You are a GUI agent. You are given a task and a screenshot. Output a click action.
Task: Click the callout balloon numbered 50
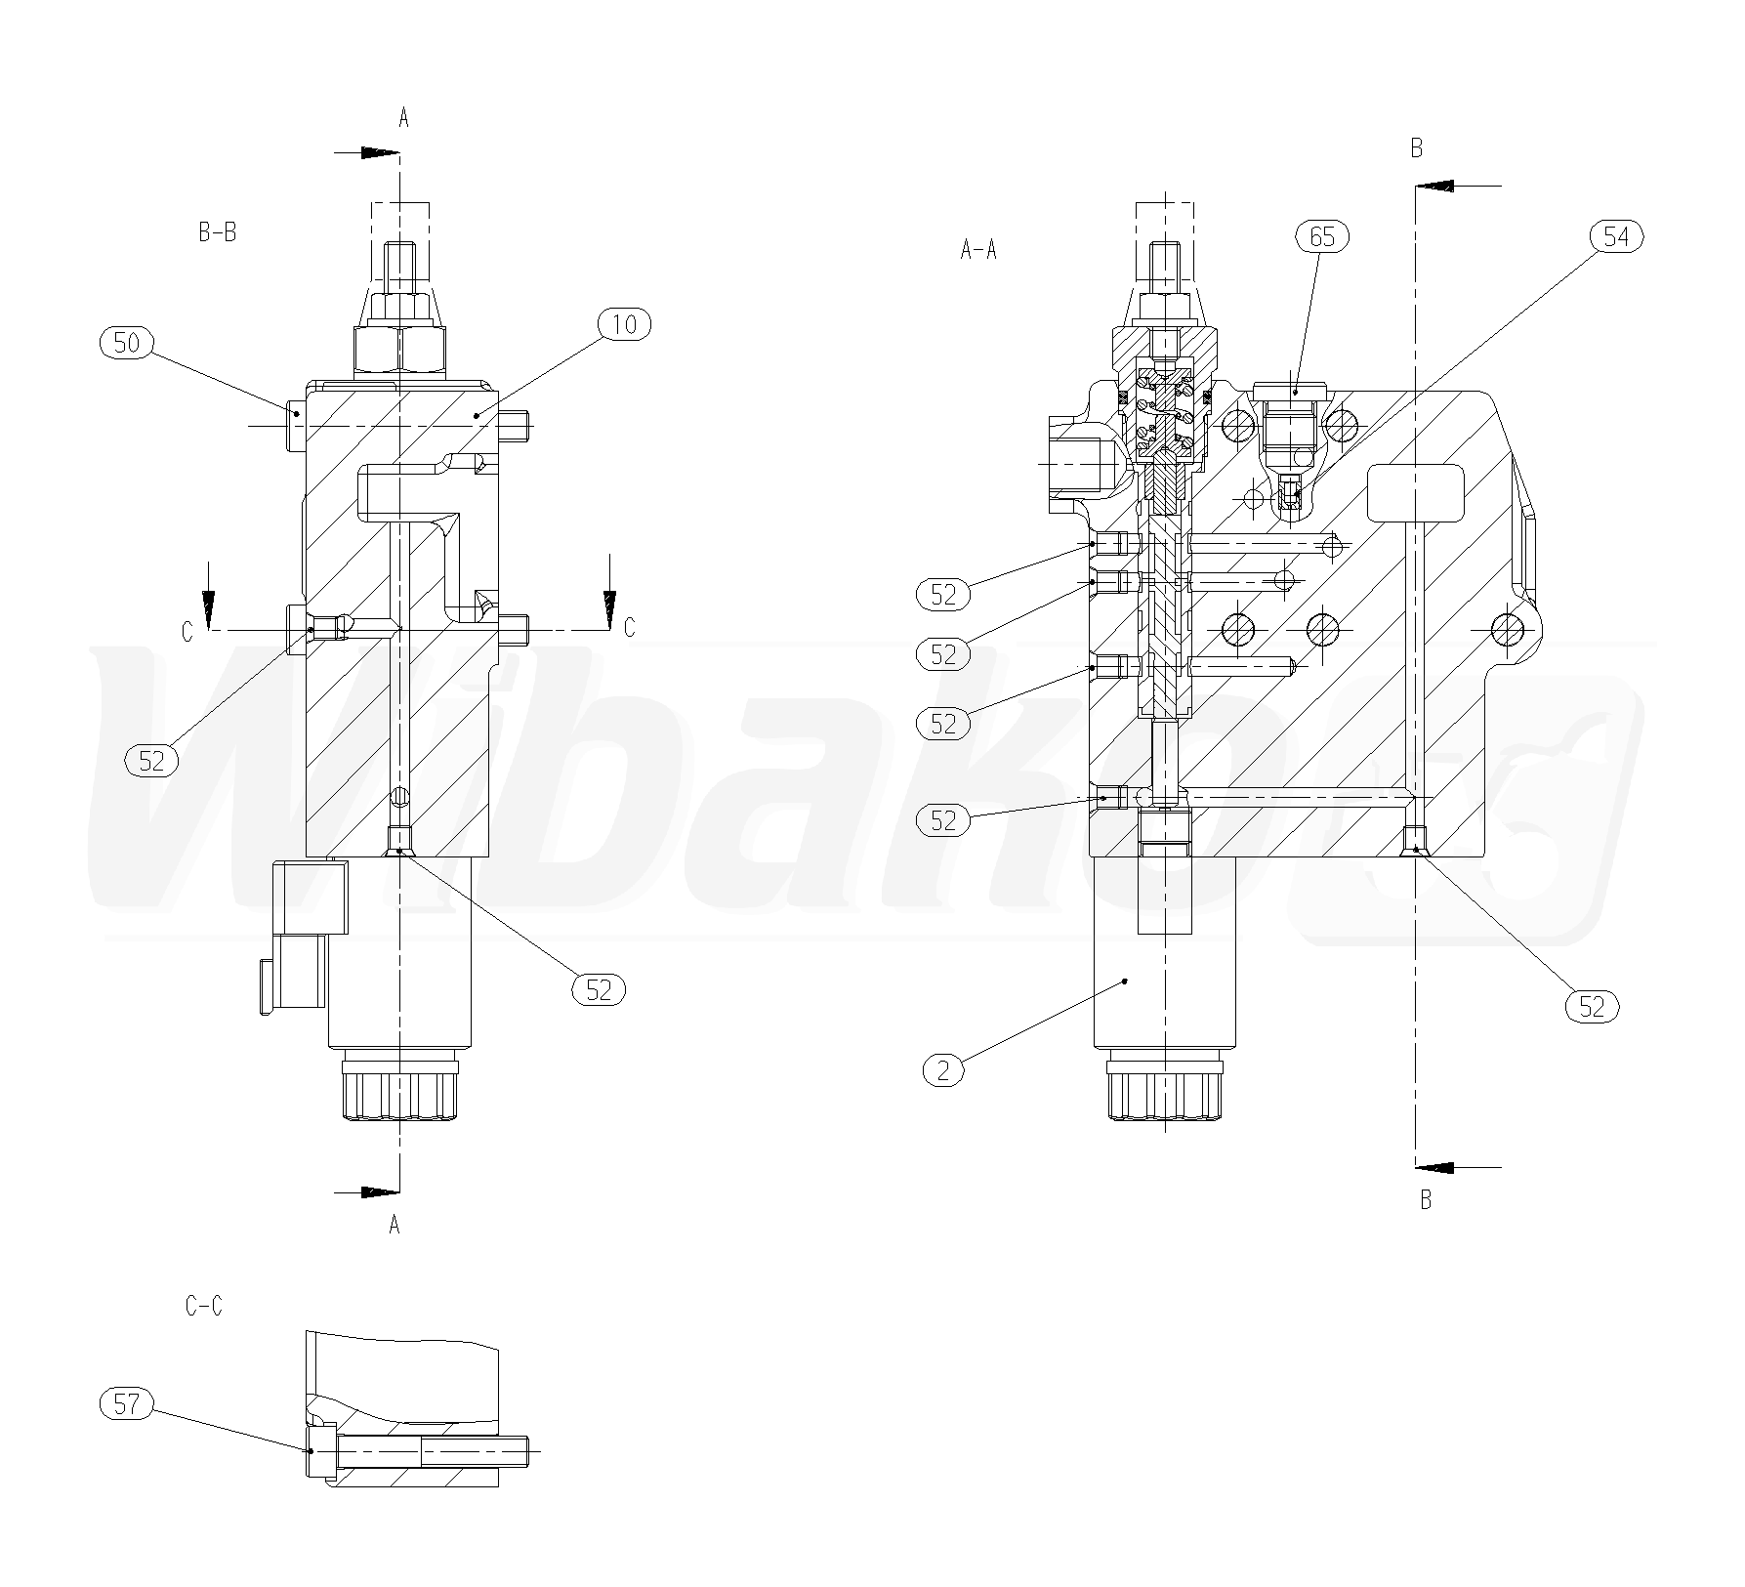127,342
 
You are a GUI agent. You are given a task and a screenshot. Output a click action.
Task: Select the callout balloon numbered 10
623,324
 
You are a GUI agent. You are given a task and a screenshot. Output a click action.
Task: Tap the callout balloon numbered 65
1322,236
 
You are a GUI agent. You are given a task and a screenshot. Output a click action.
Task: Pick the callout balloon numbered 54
1617,236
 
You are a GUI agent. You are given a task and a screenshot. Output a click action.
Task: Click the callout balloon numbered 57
127,1404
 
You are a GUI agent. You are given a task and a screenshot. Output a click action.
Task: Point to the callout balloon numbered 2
943,1070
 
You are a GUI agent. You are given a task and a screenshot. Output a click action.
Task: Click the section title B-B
217,232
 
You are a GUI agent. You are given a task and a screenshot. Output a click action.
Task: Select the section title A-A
978,250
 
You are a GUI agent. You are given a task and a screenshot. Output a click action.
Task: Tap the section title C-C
204,1306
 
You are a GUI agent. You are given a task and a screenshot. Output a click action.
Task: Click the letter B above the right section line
1417,148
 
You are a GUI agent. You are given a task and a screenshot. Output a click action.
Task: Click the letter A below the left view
395,1226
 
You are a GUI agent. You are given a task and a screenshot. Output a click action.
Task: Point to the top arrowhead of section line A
381,153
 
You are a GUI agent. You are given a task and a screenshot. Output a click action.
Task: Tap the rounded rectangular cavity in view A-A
1415,493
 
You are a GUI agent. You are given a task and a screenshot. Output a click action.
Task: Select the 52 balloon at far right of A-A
1592,1006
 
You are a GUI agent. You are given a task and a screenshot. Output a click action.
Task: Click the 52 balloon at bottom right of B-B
598,989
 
